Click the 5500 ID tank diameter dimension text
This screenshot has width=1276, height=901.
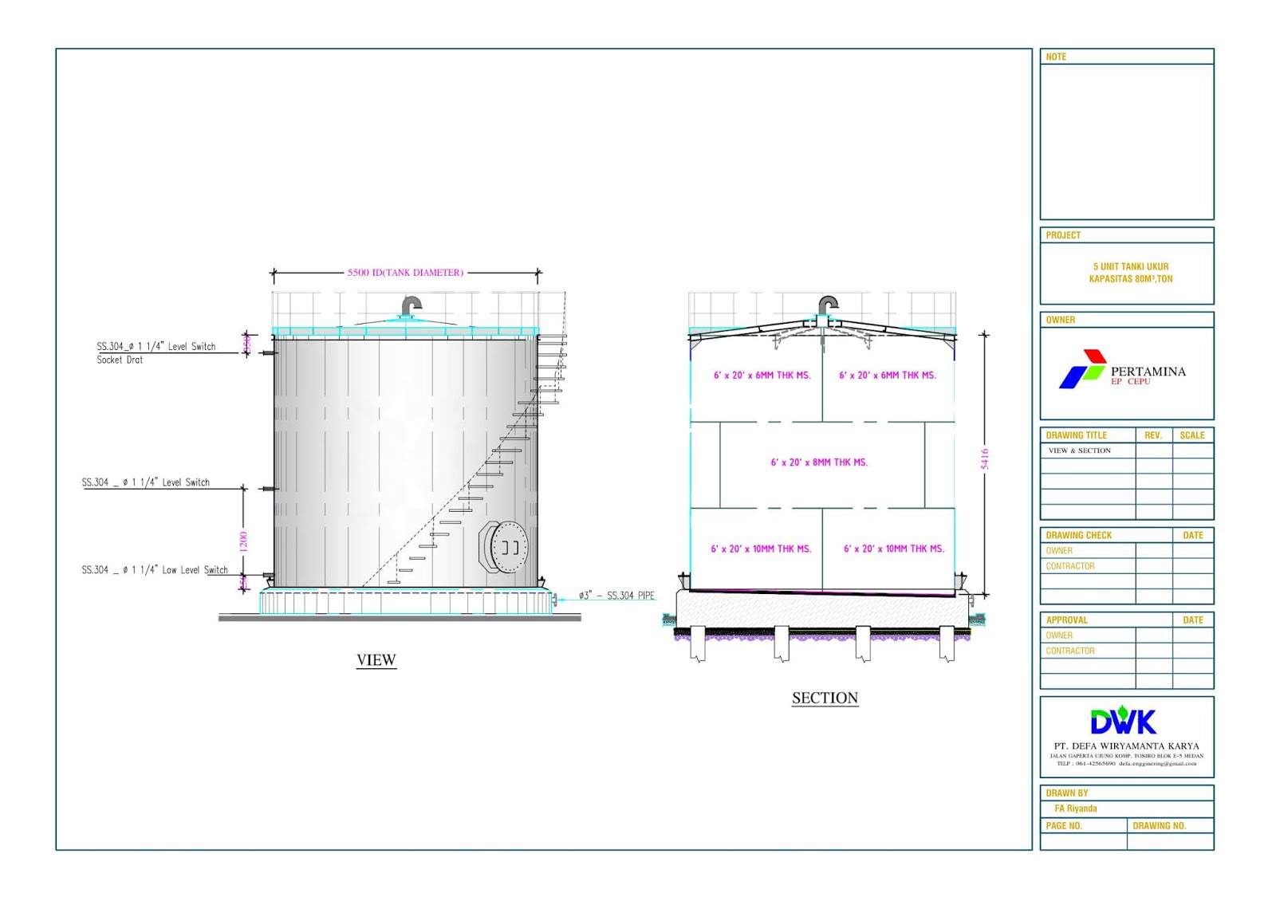click(x=405, y=273)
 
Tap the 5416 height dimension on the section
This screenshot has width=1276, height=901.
click(x=985, y=458)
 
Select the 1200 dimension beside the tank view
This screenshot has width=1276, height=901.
click(x=243, y=541)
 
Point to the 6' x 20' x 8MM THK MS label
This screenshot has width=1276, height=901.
click(x=819, y=462)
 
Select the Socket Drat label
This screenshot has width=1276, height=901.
click(x=120, y=360)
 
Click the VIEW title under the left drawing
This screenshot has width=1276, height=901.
click(x=376, y=660)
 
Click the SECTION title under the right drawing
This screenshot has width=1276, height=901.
click(x=825, y=698)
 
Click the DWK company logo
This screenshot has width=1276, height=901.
click(x=1123, y=721)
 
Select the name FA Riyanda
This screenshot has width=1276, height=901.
click(x=1075, y=809)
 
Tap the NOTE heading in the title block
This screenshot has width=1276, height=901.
click(x=1056, y=57)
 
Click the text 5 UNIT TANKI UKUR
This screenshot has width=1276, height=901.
click(x=1130, y=266)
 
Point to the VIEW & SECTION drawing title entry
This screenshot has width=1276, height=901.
click(x=1079, y=450)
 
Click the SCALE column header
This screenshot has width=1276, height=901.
click(x=1192, y=435)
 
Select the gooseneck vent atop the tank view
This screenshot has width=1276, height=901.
click(x=411, y=305)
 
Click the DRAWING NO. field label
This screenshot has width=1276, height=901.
click(x=1159, y=826)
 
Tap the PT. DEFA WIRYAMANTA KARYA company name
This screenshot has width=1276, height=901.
click(x=1126, y=746)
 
